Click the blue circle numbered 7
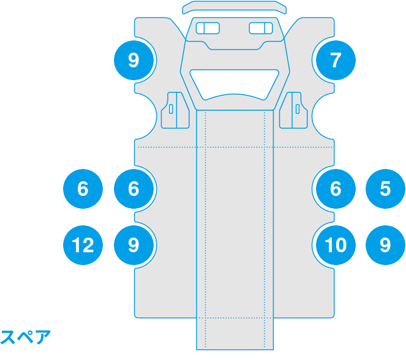[x=335, y=60]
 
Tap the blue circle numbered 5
[x=385, y=189]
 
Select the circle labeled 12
[x=83, y=246]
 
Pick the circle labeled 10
[x=335, y=246]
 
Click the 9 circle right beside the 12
[x=134, y=246]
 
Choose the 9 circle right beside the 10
[x=385, y=246]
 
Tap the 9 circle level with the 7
[x=134, y=60]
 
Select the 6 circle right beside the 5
[x=335, y=189]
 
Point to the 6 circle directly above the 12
[x=83, y=189]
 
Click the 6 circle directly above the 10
[x=335, y=189]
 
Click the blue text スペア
[x=25, y=337]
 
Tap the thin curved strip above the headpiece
[x=235, y=7]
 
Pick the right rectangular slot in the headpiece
[x=261, y=28]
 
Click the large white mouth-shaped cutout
[x=235, y=83]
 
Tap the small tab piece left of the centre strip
[x=175, y=110]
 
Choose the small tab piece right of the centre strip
[x=295, y=110]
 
